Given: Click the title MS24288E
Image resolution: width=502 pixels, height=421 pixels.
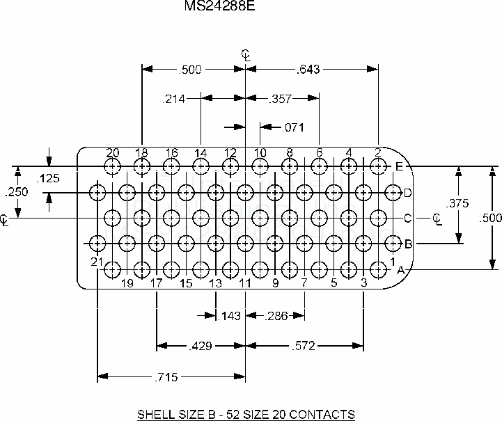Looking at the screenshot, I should point(220,6).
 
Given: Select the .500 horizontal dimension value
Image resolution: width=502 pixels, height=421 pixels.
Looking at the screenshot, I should point(191,69).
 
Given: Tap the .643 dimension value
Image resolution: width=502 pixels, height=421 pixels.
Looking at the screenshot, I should point(308,69).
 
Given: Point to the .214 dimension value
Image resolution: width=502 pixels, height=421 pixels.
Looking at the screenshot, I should point(174,99).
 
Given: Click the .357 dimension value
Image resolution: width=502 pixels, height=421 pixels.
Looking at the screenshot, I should point(281,99).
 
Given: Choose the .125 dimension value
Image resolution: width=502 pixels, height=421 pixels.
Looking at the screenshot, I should point(49,179).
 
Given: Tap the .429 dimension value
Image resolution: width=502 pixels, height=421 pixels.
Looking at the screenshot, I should point(201,345).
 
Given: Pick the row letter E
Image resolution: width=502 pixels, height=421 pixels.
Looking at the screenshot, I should point(399,166).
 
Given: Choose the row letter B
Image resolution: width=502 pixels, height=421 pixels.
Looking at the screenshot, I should point(409,244).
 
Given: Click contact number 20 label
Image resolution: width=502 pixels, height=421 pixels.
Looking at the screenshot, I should point(112,153).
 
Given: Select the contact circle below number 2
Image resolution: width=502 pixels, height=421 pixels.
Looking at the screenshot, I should point(378,166).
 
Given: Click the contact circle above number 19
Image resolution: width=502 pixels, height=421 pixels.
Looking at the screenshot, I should point(127,269).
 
